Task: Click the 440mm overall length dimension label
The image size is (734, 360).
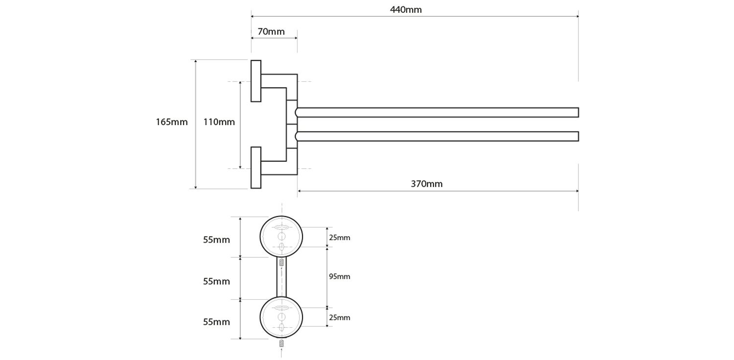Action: (406, 10)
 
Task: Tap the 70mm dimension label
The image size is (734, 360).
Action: (271, 32)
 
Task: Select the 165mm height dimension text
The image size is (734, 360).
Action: (172, 122)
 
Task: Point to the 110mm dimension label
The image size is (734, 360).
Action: (219, 122)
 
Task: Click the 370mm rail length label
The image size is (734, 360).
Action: (426, 184)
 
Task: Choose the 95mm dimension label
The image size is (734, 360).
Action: (339, 276)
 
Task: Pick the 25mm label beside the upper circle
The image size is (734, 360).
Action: (339, 238)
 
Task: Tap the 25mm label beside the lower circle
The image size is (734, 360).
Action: (339, 317)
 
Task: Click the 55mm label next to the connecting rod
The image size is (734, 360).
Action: (216, 282)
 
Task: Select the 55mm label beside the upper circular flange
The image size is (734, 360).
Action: (216, 240)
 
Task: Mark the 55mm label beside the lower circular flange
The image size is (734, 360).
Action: (216, 322)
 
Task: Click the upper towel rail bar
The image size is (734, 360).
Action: (438, 112)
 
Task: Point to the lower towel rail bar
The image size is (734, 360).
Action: (438, 136)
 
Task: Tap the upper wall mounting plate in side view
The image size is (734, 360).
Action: (256, 81)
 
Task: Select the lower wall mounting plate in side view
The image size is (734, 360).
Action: (256, 168)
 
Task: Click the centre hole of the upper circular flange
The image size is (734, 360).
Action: (281, 237)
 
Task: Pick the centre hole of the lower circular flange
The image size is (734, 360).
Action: (281, 317)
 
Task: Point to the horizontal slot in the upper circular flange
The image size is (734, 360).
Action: (281, 228)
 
